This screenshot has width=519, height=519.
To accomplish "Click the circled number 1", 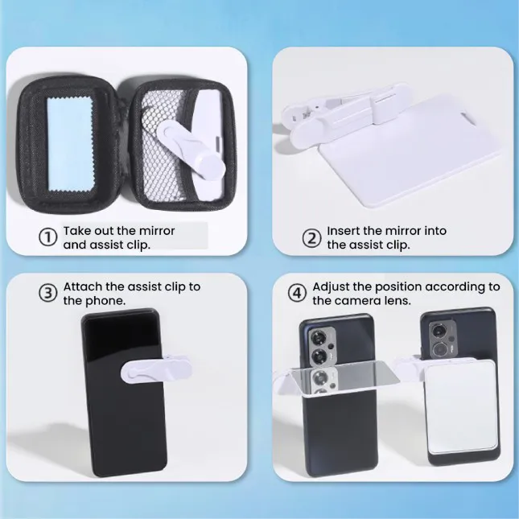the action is click(48, 238).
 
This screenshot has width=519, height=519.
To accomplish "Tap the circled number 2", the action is click(311, 238).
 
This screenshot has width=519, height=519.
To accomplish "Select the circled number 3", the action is click(48, 294).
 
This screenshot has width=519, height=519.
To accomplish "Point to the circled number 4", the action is click(297, 294).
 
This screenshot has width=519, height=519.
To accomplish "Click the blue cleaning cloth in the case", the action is click(70, 145).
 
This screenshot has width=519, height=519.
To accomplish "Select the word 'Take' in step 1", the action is click(77, 231).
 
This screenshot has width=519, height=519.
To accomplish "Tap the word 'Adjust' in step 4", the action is click(329, 286).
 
